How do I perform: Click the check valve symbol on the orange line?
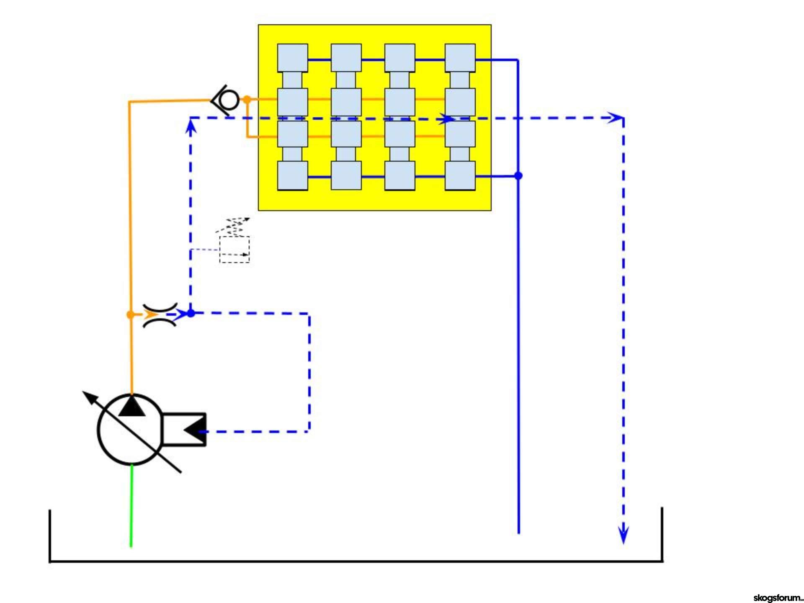226,100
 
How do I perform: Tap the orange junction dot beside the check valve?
247,100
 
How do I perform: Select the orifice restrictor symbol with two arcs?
160,314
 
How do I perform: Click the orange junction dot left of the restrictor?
130,314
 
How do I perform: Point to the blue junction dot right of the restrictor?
191,313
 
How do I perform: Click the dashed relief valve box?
234,250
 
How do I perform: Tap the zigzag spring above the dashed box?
233,227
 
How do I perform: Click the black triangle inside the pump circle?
132,406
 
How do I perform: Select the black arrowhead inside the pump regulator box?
194,430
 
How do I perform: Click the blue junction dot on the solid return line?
518,175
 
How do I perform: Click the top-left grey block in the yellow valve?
293,58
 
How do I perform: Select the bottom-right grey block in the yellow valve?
460,175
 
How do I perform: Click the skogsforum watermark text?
778,598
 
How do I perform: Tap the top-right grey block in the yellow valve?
460,58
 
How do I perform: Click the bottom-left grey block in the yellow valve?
293,176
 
